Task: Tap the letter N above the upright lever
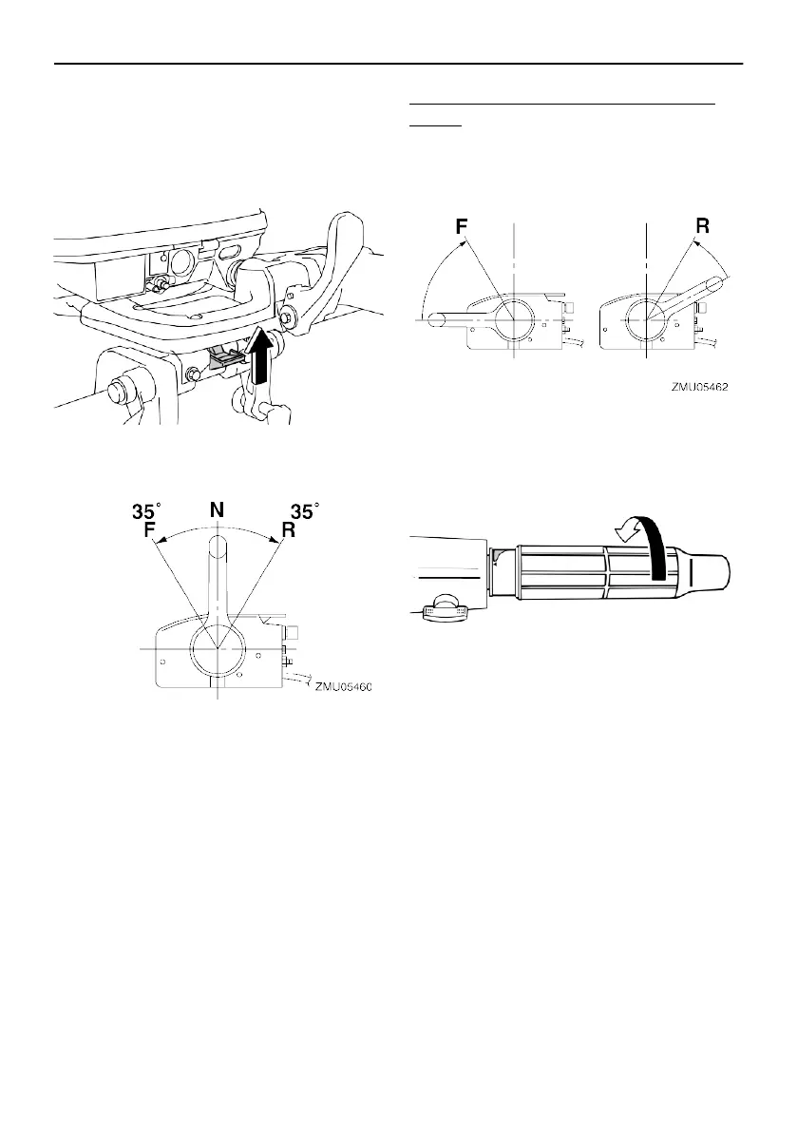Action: [x=218, y=510]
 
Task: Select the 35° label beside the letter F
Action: [x=145, y=511]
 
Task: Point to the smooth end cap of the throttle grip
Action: [x=714, y=573]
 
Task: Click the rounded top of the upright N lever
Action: [x=218, y=546]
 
